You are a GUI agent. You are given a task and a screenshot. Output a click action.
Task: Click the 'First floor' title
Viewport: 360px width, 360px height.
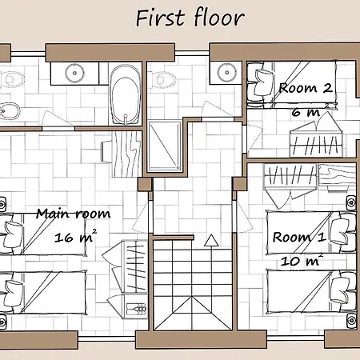click(x=190, y=18)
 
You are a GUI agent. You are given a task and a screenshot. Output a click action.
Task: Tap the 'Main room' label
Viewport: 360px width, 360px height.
click(x=74, y=214)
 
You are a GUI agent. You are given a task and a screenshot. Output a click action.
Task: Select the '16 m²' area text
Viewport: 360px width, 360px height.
click(x=75, y=236)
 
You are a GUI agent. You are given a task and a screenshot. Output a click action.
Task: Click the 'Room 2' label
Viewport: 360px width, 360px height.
click(x=306, y=88)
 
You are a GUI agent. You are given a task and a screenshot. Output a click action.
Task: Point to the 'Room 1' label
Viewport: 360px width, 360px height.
click(x=299, y=237)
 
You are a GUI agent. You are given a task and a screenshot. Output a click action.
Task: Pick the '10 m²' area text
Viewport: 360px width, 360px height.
click(x=302, y=260)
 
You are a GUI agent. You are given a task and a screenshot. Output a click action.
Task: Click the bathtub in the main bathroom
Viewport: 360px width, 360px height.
click(x=126, y=94)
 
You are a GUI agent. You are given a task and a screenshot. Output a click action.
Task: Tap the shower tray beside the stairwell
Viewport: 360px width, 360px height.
click(x=165, y=146)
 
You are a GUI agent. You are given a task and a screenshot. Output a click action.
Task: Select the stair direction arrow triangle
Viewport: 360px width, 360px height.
click(x=211, y=241)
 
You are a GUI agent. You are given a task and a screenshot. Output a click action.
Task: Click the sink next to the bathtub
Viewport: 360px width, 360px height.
click(x=74, y=73)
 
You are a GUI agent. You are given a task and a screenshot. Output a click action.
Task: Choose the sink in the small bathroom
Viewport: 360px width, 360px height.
click(x=226, y=72)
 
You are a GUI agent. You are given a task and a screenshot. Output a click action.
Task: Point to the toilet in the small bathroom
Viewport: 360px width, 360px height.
click(x=162, y=79)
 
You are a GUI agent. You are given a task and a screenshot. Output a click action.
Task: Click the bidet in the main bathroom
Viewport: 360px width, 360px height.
click(x=9, y=111)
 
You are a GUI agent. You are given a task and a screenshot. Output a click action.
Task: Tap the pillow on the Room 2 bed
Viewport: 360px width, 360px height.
click(x=263, y=82)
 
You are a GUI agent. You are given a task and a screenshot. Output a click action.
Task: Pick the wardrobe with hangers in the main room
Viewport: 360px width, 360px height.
click(x=126, y=279)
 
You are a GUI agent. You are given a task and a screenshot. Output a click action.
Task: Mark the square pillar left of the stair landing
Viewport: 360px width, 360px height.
click(x=145, y=184)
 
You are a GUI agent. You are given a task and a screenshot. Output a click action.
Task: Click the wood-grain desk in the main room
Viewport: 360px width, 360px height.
click(x=126, y=154)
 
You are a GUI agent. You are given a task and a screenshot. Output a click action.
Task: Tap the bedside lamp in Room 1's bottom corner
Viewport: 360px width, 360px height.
click(x=352, y=320)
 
